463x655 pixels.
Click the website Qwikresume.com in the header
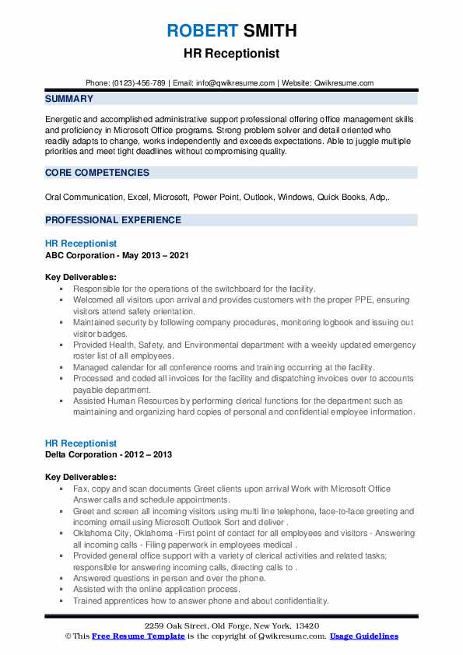pos(345,83)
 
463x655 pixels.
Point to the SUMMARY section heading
pos(69,99)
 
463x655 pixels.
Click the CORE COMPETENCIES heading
pos(97,172)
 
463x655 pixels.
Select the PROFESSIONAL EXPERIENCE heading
pos(113,220)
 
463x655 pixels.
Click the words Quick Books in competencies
pos(345,198)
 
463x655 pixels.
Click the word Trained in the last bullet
pos(89,601)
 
